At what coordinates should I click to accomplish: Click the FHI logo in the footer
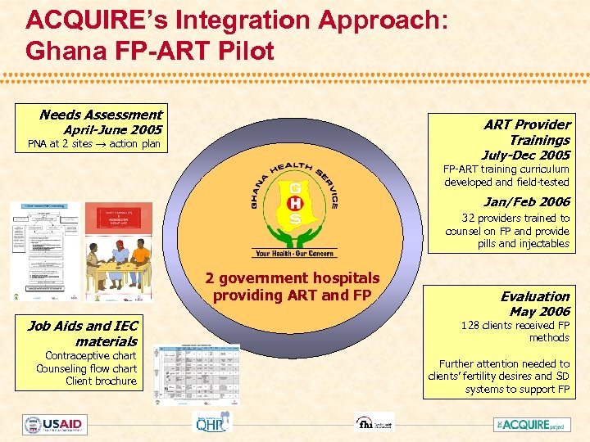(x=373, y=423)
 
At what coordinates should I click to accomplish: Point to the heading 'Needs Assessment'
(x=101, y=115)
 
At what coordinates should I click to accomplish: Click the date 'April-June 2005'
(x=112, y=130)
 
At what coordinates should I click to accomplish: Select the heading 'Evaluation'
(x=535, y=296)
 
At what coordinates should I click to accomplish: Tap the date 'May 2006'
(x=539, y=311)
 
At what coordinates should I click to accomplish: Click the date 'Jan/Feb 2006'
(x=526, y=201)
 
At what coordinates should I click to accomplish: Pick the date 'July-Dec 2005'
(x=525, y=155)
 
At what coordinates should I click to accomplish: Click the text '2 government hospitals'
(x=293, y=278)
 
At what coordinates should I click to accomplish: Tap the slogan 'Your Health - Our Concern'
(x=296, y=253)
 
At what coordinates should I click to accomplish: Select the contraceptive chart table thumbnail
(x=199, y=374)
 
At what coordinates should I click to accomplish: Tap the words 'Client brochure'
(x=101, y=381)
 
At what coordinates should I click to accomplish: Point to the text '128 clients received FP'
(x=515, y=326)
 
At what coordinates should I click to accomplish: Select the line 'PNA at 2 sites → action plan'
(x=93, y=144)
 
